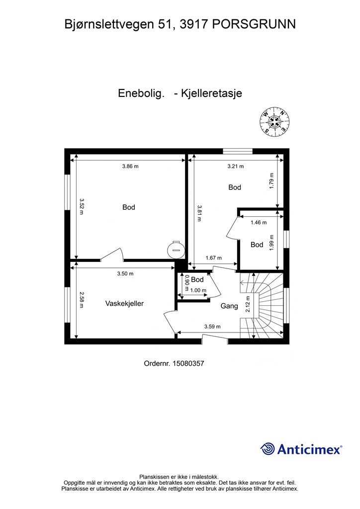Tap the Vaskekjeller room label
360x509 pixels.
pos(124,303)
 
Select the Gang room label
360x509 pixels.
pos(229,306)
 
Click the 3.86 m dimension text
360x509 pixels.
pos(130,167)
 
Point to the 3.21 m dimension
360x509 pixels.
pos(235,167)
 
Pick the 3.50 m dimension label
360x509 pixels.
pos(125,273)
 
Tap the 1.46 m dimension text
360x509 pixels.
pos(259,223)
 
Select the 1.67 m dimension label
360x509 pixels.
pos(214,258)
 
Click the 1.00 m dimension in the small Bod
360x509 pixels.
pos(198,290)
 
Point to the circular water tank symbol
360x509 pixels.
pos(176,247)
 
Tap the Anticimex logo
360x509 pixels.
pos(301,449)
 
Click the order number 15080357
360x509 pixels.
pos(188,363)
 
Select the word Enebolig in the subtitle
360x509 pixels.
pos(141,93)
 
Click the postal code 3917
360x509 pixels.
pos(195,23)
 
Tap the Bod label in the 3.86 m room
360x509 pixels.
pos(129,207)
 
